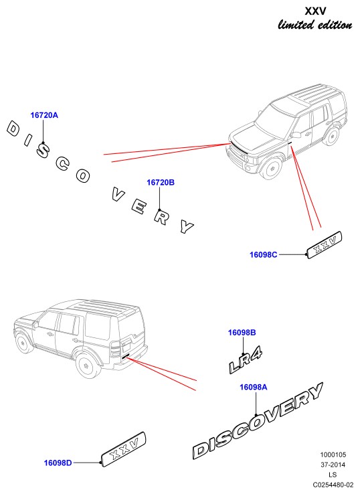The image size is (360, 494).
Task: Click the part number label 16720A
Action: tap(44, 115)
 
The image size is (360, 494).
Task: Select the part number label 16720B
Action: tap(161, 183)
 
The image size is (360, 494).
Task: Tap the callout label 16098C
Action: tap(264, 254)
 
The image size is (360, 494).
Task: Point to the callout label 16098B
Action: tap(242, 333)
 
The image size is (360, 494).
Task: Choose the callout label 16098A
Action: tap(253, 387)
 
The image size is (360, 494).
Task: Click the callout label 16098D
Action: tap(58, 463)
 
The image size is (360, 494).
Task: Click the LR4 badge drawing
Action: tap(246, 361)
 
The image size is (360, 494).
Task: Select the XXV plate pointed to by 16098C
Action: tap(325, 245)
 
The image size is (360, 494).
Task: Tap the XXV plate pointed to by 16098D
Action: tap(124, 448)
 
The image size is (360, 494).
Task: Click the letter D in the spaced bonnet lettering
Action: tap(13, 129)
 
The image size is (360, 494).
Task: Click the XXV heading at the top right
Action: tap(316, 11)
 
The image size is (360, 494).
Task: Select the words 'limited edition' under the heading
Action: tap(315, 25)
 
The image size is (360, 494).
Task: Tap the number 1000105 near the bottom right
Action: tap(333, 455)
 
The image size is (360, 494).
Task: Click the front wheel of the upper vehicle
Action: tap(272, 168)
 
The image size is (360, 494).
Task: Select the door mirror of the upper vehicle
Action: tap(296, 135)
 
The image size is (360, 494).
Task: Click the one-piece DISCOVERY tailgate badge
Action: tap(258, 420)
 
